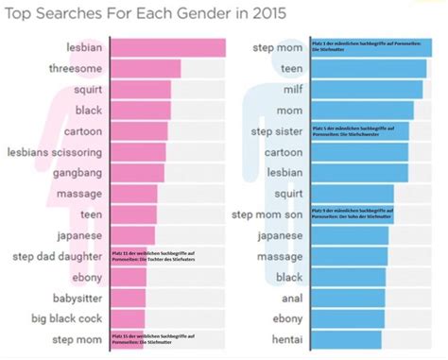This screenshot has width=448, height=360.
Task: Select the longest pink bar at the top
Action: point(168,48)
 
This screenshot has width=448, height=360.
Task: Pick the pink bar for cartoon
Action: point(140,131)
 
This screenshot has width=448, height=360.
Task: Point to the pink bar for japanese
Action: point(133,235)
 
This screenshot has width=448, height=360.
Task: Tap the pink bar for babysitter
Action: point(129,297)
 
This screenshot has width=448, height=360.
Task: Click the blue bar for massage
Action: point(349,256)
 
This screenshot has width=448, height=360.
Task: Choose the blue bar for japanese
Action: point(350,235)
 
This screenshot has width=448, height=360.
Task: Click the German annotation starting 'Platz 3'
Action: point(362,47)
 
